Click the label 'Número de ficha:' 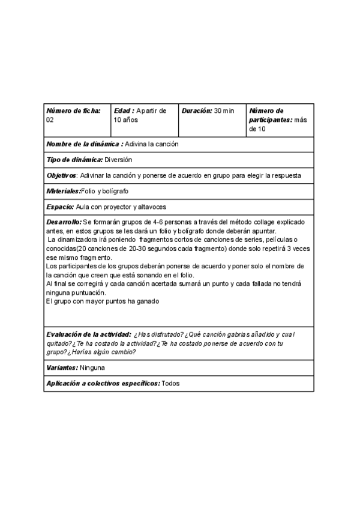pyautogui.click(x=73, y=111)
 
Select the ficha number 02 pyautogui.click(x=50, y=120)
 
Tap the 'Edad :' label pyautogui.click(x=124, y=111)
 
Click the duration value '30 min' pyautogui.click(x=224, y=111)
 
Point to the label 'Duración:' pyautogui.click(x=197, y=111)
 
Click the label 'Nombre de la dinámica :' pyautogui.click(x=85, y=144)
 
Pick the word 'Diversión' pyautogui.click(x=118, y=160)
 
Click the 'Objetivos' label pyautogui.click(x=61, y=175)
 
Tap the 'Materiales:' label pyautogui.click(x=63, y=191)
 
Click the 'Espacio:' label pyautogui.click(x=60, y=206)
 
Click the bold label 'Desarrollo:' pyautogui.click(x=64, y=222)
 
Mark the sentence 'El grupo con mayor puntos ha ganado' pyautogui.click(x=103, y=301)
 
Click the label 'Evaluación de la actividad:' pyautogui.click(x=88, y=334)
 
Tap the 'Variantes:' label pyautogui.click(x=62, y=367)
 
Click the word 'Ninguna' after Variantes pyautogui.click(x=92, y=367)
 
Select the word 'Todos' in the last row pyautogui.click(x=171, y=383)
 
